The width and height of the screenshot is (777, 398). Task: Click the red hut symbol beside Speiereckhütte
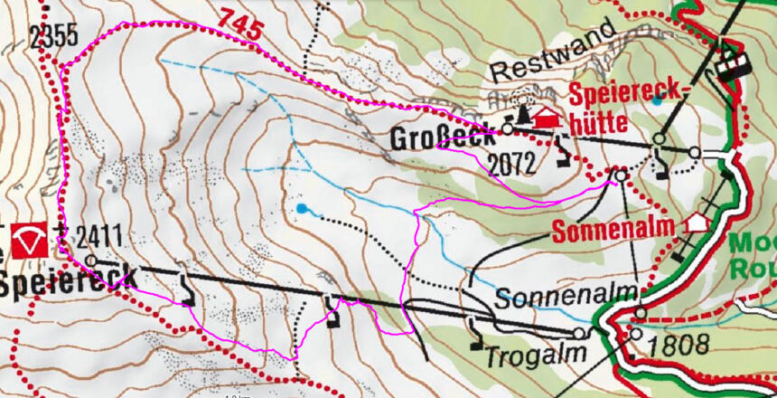(x=547, y=118)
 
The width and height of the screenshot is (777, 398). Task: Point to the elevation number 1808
(x=671, y=345)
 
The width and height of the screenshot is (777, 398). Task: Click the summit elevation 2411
(x=98, y=239)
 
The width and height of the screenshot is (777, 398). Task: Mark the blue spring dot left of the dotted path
(x=301, y=209)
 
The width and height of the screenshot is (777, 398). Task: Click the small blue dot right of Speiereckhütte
(x=657, y=100)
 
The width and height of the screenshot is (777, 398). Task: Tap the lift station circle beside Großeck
(x=507, y=129)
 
